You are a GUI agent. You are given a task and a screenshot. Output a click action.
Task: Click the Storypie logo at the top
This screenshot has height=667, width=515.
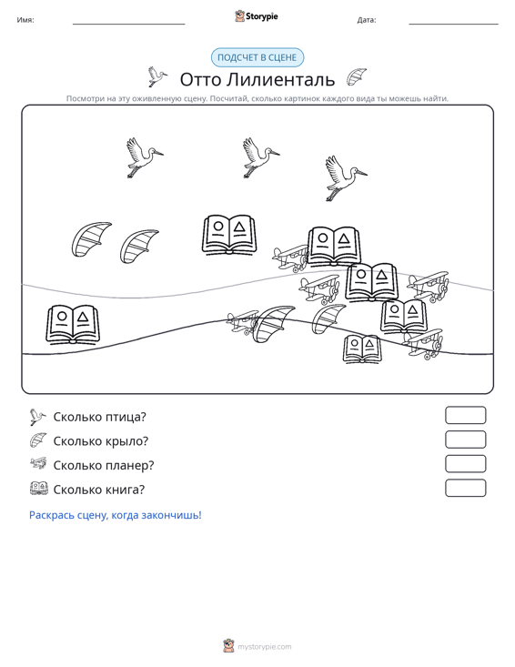tap(256, 16)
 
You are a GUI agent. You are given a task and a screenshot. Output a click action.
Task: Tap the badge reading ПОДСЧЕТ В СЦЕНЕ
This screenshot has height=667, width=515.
tap(257, 57)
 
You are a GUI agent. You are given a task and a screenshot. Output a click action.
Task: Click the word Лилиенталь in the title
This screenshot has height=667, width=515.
tap(280, 79)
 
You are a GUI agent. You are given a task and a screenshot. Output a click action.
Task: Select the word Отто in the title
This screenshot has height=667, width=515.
tap(200, 79)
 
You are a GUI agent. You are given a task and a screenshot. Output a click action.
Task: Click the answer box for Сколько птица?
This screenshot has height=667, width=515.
tap(465, 415)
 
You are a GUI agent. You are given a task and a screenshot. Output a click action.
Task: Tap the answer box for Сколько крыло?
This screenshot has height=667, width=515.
tap(465, 440)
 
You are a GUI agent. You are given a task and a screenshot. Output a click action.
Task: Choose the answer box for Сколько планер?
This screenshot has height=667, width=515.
tap(465, 464)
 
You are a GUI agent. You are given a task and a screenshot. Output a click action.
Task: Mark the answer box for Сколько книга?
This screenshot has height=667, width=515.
tap(465, 488)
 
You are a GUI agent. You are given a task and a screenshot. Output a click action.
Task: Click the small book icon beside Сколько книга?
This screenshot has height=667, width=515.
tap(39, 488)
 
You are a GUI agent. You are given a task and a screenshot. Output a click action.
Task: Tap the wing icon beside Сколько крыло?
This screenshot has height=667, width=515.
tap(38, 440)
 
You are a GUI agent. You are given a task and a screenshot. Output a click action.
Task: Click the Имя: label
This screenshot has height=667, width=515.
tap(25, 20)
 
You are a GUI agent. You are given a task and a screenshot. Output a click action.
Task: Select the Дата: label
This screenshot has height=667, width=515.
tap(367, 20)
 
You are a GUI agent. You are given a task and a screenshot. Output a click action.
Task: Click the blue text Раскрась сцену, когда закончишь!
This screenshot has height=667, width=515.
tap(116, 515)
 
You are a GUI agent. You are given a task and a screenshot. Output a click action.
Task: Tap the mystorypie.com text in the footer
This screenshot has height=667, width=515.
tap(265, 647)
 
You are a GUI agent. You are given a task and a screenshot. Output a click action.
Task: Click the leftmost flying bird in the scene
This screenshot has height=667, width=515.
tap(144, 157)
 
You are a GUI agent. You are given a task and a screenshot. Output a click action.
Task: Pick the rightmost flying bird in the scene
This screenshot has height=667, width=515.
tap(345, 177)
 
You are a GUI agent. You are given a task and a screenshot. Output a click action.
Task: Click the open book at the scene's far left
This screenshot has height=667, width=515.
tap(73, 324)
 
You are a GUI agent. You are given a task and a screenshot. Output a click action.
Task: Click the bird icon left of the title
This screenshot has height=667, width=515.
tap(157, 76)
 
